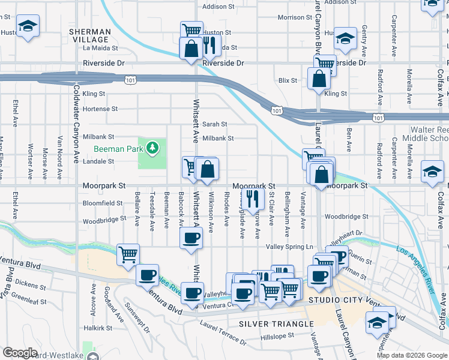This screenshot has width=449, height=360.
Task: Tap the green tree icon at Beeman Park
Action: point(153,147)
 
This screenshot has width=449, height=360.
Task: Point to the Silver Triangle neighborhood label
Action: point(276,324)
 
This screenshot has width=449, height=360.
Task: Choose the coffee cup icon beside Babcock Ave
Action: point(191,238)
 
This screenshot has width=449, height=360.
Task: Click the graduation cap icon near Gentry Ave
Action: point(345,39)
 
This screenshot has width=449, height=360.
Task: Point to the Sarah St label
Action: point(214,124)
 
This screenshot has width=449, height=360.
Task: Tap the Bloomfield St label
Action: point(103,203)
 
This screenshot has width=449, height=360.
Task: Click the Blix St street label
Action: point(288,80)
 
